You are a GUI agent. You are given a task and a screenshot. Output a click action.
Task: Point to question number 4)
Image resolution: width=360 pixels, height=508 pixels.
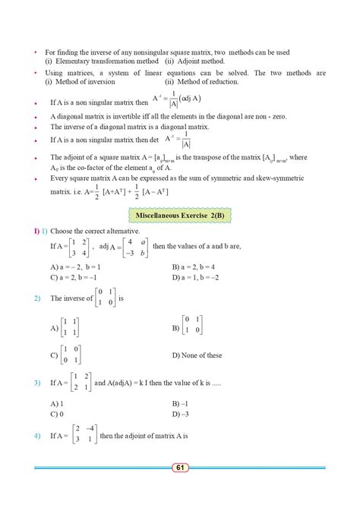[36, 437]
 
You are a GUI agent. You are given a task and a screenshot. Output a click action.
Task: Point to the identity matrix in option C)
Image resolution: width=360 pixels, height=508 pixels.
[71, 355]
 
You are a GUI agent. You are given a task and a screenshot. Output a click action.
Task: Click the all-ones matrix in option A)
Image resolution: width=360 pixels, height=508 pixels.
[71, 328]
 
